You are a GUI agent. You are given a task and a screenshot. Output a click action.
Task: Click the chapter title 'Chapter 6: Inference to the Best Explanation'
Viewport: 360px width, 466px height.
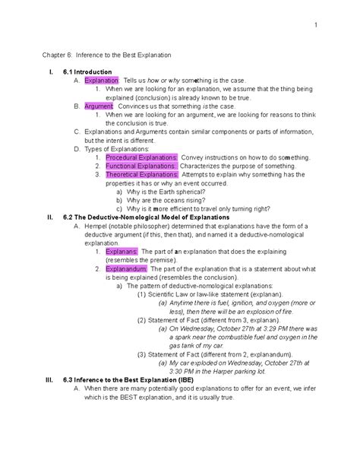(106, 56)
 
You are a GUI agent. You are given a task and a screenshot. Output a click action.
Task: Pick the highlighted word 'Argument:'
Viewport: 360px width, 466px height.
(99, 106)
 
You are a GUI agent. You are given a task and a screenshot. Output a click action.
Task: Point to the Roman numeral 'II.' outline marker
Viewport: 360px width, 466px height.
(49, 217)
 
